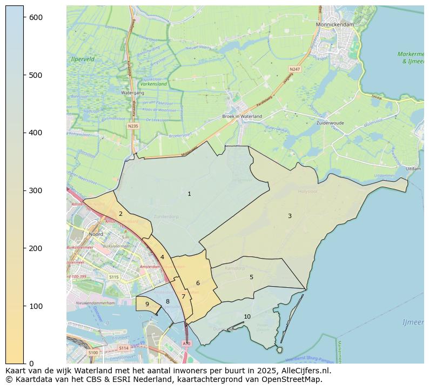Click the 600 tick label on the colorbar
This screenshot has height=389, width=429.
pos(36,17)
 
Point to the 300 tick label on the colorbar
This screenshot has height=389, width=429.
pos(36,190)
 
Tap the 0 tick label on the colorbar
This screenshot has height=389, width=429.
pos(31,364)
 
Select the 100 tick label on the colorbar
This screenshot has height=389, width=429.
pos(36,306)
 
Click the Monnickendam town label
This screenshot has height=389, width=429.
pos(335,25)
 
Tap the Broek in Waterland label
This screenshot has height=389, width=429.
pos(242,116)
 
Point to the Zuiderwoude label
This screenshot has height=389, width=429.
pos(330,123)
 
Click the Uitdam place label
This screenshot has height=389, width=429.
pos(413,169)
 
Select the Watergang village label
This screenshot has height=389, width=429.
pos(132,93)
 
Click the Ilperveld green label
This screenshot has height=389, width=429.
pos(83,59)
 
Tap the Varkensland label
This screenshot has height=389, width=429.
pos(153,84)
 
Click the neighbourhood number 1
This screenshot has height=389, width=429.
pos(189,194)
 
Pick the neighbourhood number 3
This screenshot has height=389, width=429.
pos(290,216)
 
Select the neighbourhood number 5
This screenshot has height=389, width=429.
pos(251,277)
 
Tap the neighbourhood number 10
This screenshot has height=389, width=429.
pos(247,317)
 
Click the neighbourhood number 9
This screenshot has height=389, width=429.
pos(147,304)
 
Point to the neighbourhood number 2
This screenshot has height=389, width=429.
pos(120,214)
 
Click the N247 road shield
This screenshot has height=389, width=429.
pos(294,69)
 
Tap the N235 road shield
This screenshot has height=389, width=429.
pos(133,126)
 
